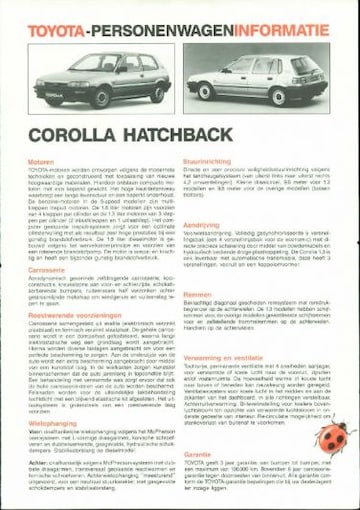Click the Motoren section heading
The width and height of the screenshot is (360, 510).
pyautogui.click(x=41, y=161)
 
